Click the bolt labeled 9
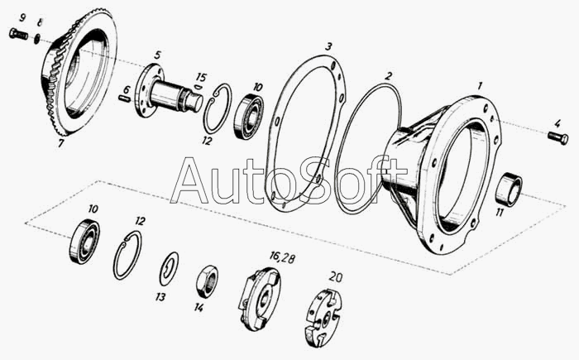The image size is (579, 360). (18, 35)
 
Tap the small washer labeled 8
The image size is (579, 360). (37, 38)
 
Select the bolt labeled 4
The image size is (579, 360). (558, 138)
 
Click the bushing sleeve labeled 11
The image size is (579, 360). (509, 190)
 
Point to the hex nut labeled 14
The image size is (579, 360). (207, 281)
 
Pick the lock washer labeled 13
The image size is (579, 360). (169, 270)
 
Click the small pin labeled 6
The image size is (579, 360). (125, 98)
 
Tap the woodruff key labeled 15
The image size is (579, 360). (198, 87)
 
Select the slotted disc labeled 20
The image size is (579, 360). (323, 317)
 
